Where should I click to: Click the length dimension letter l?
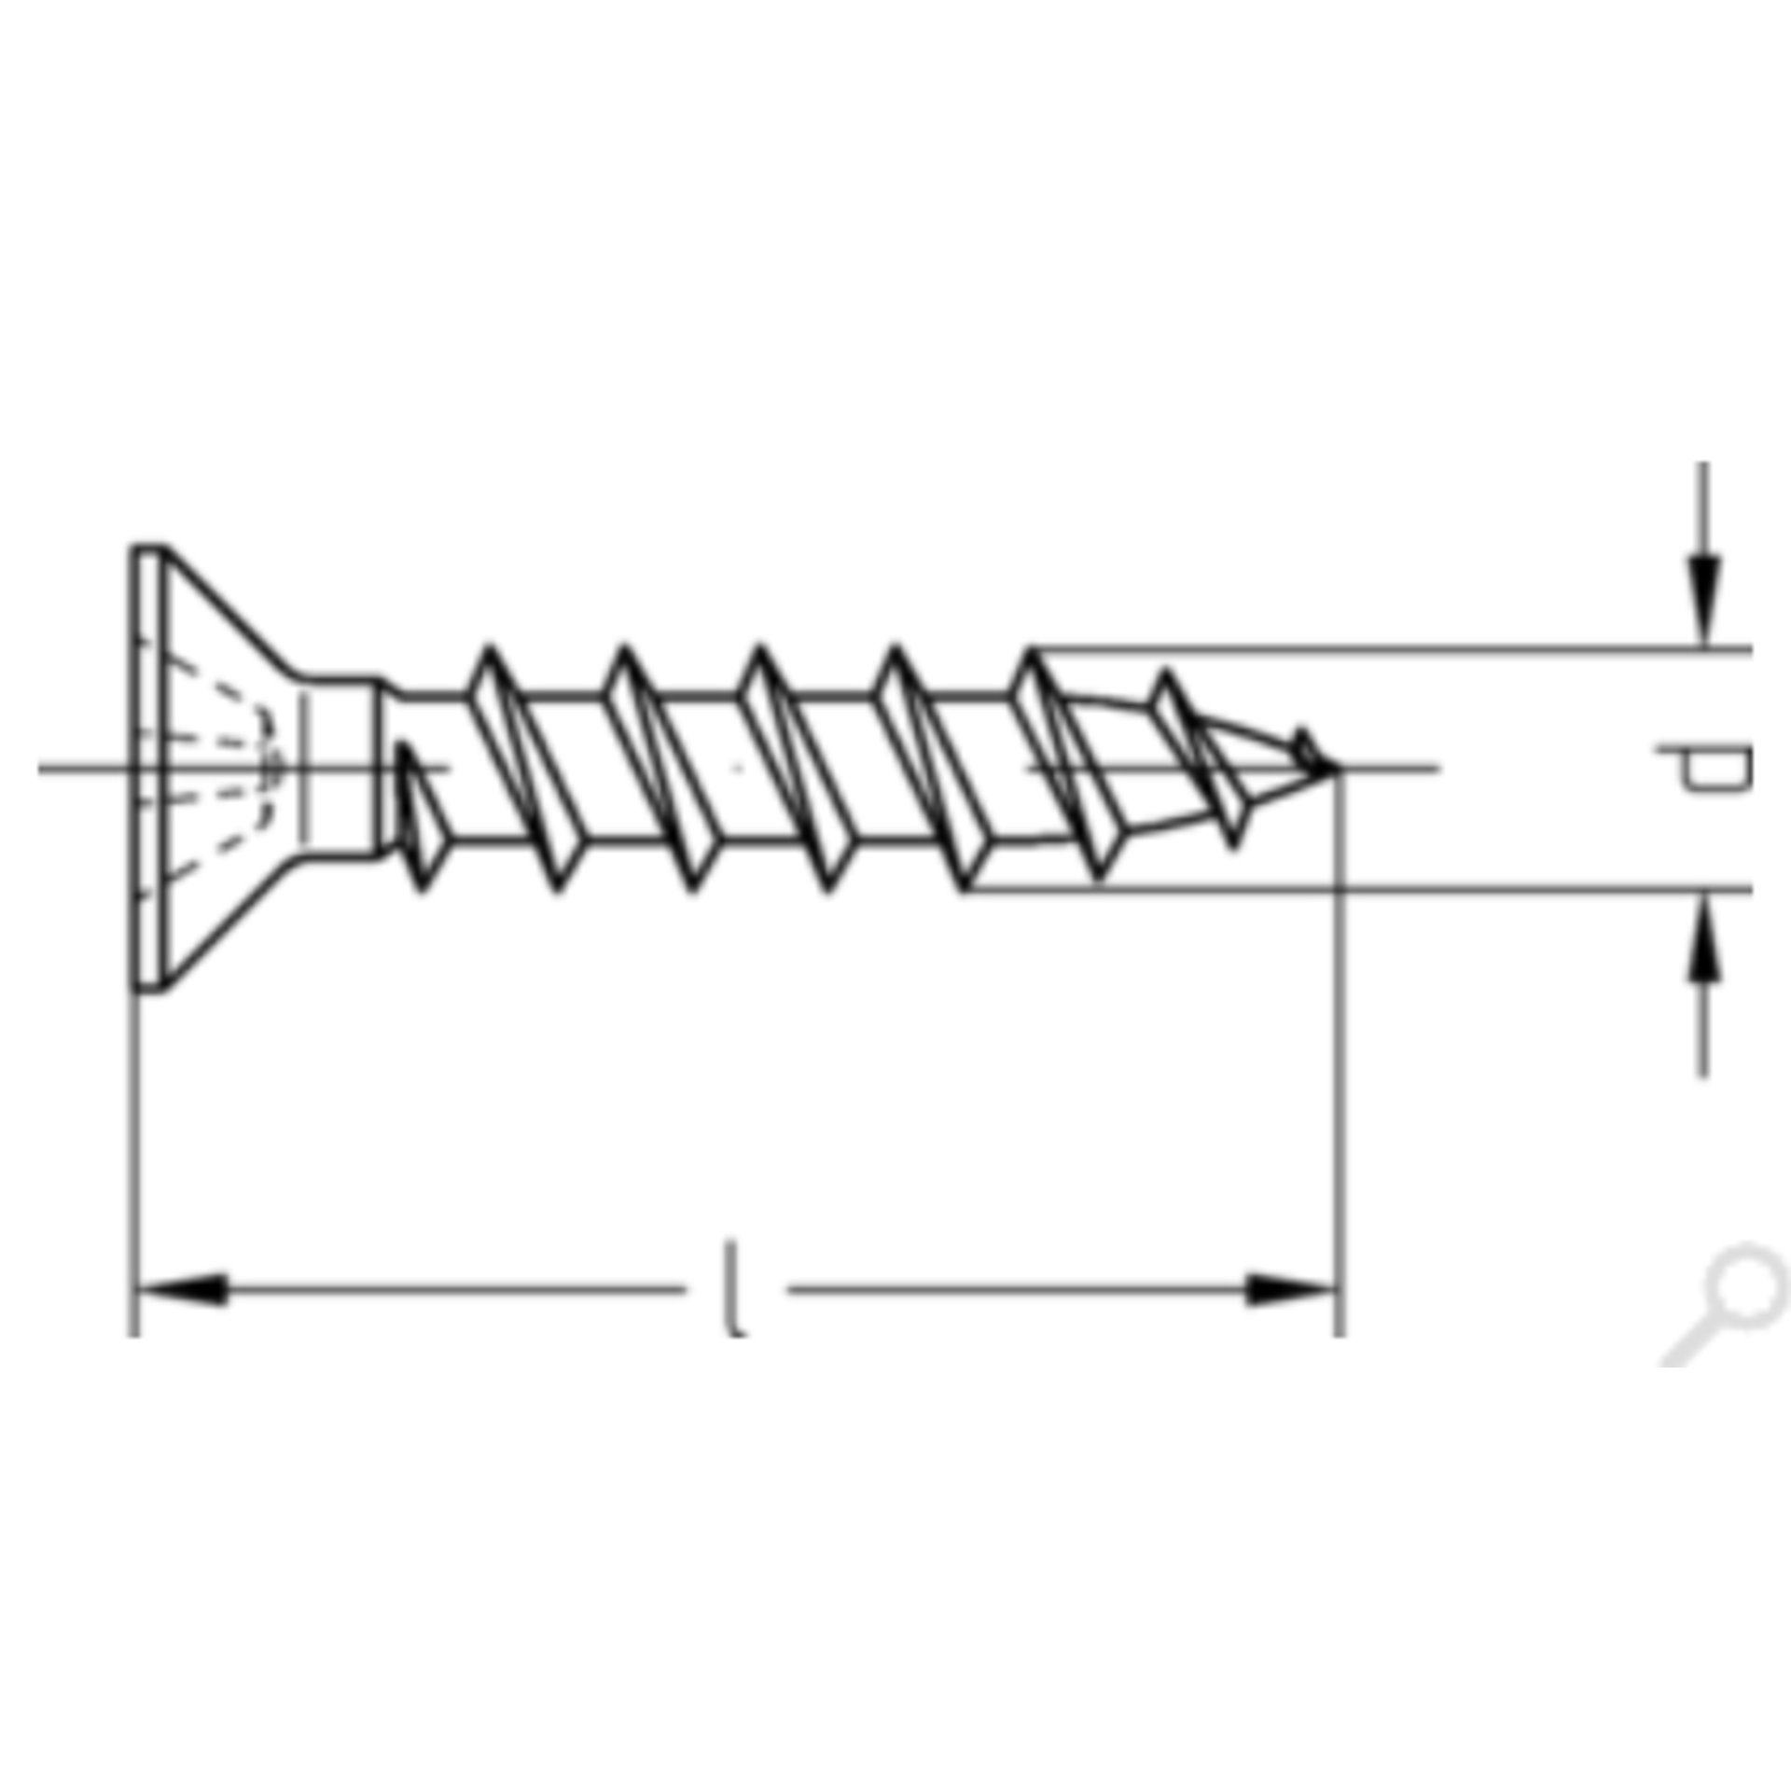pos(736,1288)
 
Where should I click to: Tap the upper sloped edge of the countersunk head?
pos(233,611)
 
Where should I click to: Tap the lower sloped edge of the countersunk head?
pos(233,923)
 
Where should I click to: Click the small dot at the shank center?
pos(738,769)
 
